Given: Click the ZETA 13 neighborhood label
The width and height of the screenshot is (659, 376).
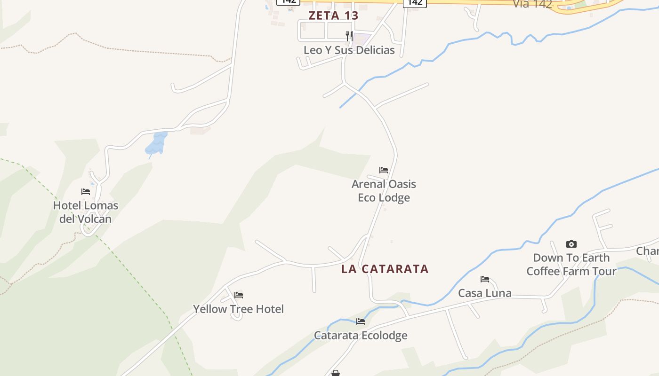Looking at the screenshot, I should point(333,16).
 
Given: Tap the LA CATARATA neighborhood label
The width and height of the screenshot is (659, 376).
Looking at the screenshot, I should point(385,269).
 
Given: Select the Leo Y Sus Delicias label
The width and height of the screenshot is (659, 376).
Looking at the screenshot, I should point(349,50).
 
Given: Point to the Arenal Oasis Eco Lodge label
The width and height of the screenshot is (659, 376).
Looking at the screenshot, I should point(384,190).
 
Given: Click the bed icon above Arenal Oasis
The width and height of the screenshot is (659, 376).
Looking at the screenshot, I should point(384,170).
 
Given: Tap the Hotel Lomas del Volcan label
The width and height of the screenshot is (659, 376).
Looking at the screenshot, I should point(85,212).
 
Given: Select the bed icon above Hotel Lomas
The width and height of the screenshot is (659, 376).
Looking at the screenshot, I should point(85,192).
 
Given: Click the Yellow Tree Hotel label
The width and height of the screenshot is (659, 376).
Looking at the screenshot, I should point(238,309).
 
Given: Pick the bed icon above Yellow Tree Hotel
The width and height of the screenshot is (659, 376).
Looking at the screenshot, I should point(239,295).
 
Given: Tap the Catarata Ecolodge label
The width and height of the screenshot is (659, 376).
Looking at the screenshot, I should point(361,335).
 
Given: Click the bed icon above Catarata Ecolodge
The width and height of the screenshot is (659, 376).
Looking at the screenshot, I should point(361,321).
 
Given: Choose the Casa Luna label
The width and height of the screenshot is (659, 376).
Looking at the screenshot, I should point(485,293).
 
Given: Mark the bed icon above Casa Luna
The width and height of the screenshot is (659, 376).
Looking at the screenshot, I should point(485,279).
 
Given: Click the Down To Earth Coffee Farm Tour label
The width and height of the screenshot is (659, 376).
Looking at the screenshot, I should point(571,264).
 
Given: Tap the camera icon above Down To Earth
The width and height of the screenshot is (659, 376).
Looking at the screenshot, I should point(571,244).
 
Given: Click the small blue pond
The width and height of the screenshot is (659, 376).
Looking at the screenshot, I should point(156,144).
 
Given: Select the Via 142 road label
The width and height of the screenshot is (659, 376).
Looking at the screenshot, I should point(532,4).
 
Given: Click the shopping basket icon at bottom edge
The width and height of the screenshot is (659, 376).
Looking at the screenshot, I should point(336,373).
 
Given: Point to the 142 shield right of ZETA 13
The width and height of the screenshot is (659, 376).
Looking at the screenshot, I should point(415,3).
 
